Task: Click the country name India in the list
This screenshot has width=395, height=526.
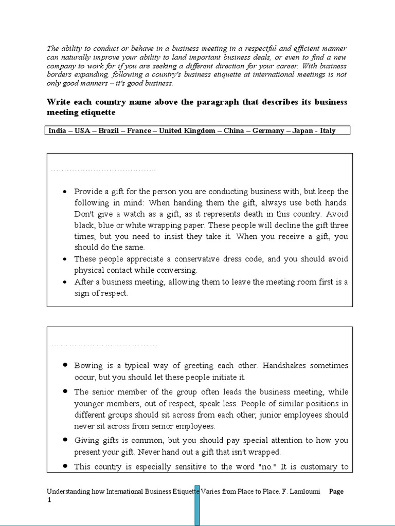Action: click(57, 131)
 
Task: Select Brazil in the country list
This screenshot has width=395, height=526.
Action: click(109, 131)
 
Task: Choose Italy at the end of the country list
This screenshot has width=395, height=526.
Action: click(328, 131)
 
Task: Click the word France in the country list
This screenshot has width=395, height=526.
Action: click(139, 131)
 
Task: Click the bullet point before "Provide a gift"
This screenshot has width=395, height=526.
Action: click(64, 191)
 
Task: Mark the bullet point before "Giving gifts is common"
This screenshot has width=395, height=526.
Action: click(65, 440)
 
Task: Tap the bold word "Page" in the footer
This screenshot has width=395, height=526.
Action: click(336, 492)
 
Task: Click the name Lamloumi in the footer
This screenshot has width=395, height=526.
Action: click(305, 492)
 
